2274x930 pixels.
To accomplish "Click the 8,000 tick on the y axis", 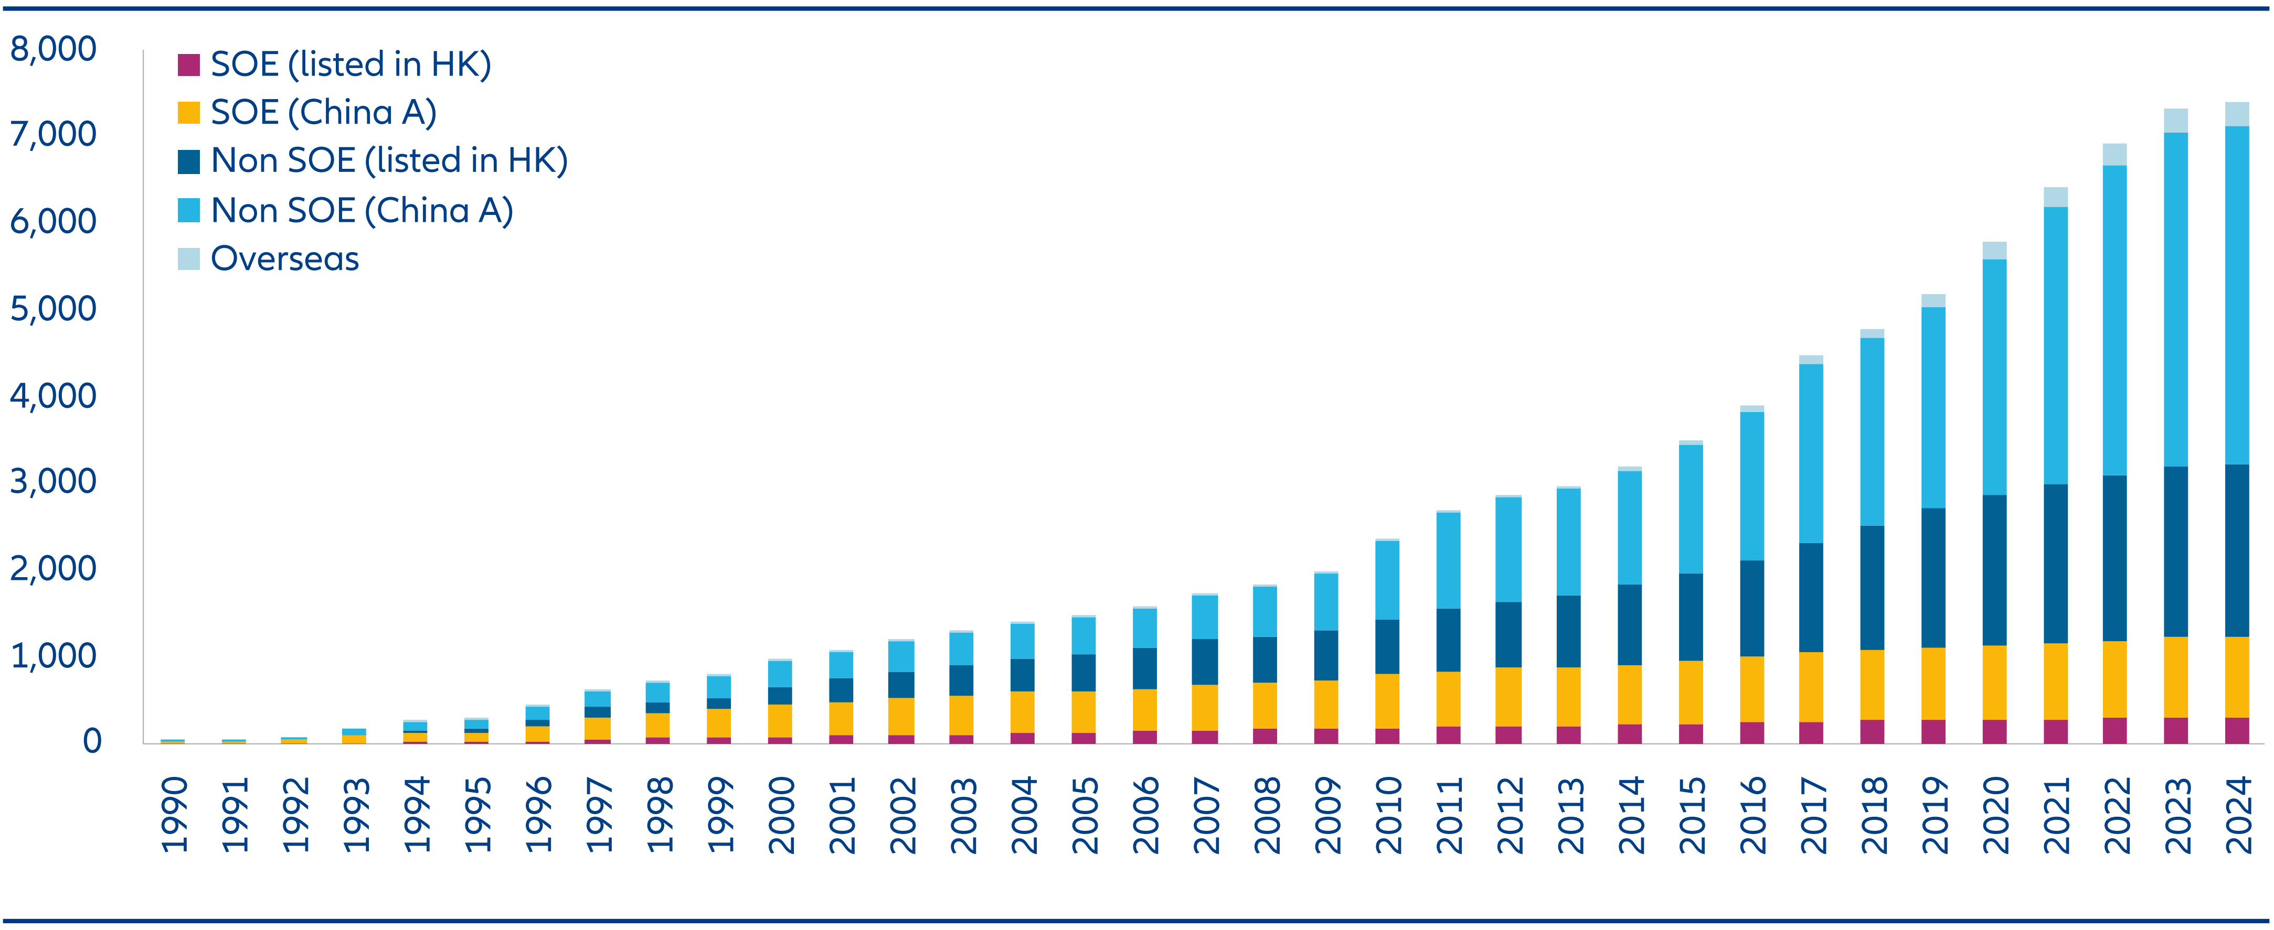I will [x=53, y=49].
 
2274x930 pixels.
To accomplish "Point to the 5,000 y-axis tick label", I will [x=53, y=309].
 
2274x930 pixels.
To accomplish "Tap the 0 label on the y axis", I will [x=92, y=741].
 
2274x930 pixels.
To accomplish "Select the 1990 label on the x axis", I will [x=174, y=815].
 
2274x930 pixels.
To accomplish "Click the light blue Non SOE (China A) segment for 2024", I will [x=2237, y=296].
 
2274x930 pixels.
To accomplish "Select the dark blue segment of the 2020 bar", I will [x=1994, y=570].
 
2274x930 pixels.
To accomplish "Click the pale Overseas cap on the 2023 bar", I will [x=2176, y=121].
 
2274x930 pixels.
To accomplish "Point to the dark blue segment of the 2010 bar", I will [x=1387, y=647].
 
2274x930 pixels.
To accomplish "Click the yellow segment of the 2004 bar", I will [x=1022, y=712].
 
